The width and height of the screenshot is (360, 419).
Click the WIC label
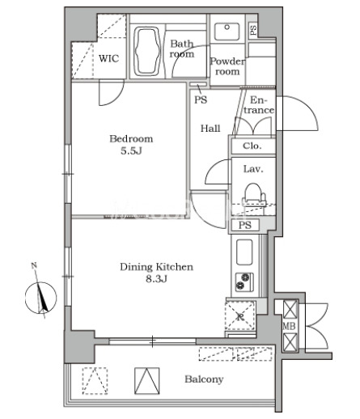coord(108,58)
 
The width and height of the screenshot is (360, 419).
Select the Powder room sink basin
coord(227,32)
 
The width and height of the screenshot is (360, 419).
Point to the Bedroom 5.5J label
coord(131,145)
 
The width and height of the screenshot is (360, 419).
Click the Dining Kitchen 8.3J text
coord(156,273)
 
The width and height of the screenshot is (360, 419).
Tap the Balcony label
coord(204,379)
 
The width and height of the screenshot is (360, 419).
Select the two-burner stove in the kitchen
coord(244,282)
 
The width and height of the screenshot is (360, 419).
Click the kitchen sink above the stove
coord(244,252)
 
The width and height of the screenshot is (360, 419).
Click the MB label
coord(289,326)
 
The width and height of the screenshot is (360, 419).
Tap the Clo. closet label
coord(252,146)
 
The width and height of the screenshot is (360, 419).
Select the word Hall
coord(210,129)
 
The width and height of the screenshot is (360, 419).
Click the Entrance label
coord(258,105)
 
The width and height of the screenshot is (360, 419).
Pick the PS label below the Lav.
coord(245,225)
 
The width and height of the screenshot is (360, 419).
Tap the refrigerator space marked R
coord(240,315)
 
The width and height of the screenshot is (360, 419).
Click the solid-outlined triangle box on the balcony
coord(146,381)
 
